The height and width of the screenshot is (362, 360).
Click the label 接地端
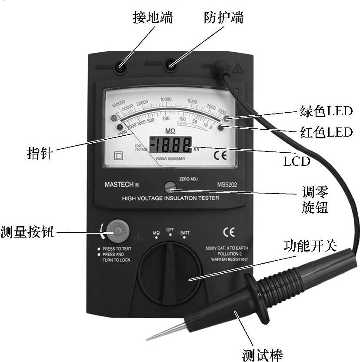pyautogui.click(x=152, y=18)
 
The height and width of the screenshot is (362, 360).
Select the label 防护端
pyautogui.click(x=223, y=18)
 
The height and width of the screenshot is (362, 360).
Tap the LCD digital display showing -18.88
pyautogui.click(x=170, y=144)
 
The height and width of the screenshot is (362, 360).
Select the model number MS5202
pyautogui.click(x=227, y=184)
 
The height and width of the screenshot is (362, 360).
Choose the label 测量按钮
pyautogui.click(x=27, y=231)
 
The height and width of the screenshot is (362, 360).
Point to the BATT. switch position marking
pyautogui.click(x=186, y=233)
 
